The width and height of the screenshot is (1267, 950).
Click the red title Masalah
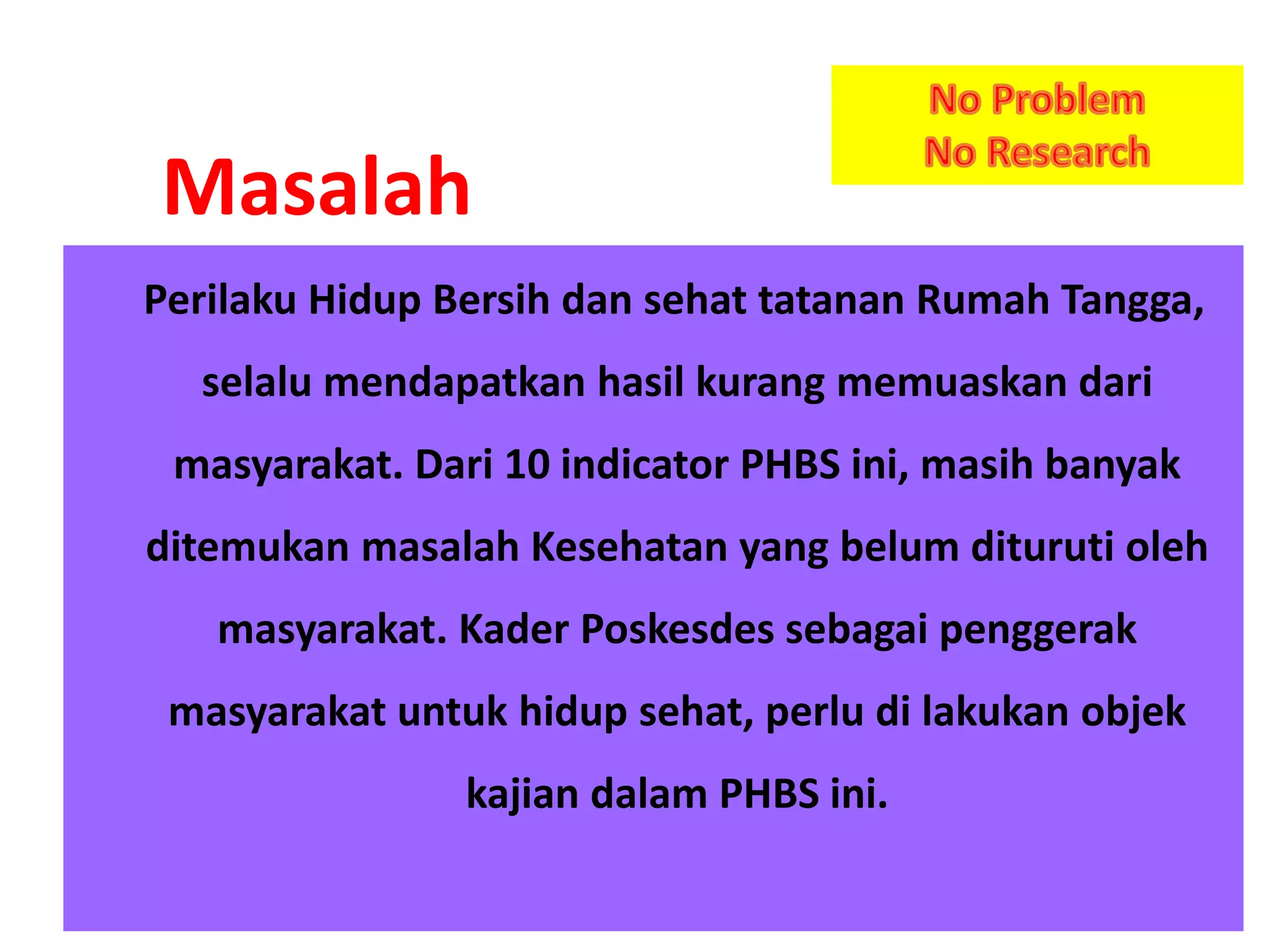pyautogui.click(x=317, y=187)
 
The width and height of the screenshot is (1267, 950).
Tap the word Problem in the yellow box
pyautogui.click(x=1068, y=100)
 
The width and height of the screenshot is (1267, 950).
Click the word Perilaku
pyautogui.click(x=220, y=301)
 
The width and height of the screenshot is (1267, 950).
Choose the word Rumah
pyautogui.click(x=982, y=301)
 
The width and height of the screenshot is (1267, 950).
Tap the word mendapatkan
pyautogui.click(x=454, y=383)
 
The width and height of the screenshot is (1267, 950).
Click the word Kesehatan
pyautogui.click(x=629, y=547)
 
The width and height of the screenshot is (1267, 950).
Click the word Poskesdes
pyautogui.click(x=677, y=630)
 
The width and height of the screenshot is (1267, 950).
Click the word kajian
pyautogui.click(x=523, y=795)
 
